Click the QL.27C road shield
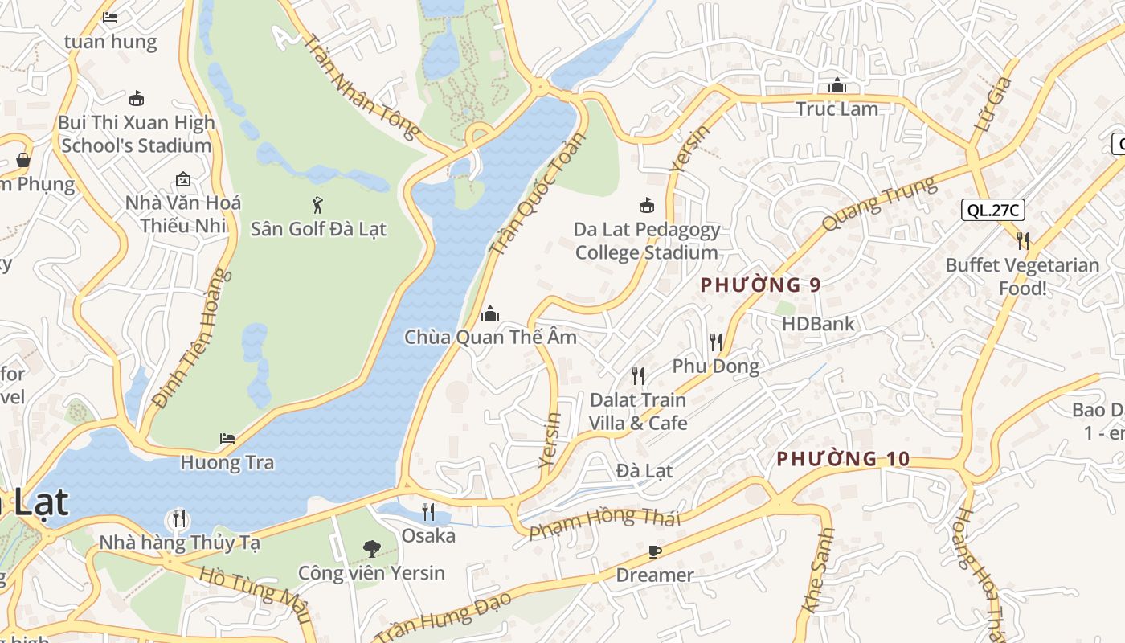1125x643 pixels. click(993, 211)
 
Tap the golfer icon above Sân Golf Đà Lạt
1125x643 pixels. click(318, 204)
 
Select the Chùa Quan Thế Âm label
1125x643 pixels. click(490, 337)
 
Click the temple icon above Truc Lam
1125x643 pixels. click(837, 84)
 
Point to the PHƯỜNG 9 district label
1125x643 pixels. click(761, 285)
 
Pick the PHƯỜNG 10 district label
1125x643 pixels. click(843, 459)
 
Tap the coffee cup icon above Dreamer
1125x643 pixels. click(655, 551)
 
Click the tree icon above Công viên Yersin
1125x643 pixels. click(371, 549)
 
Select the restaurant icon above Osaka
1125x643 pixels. click(428, 512)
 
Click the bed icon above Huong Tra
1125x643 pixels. click(227, 439)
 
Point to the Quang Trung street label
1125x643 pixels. click(880, 204)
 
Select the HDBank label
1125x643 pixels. click(818, 324)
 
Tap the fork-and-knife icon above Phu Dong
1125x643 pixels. click(716, 342)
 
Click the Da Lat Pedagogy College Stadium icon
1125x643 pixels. click(646, 206)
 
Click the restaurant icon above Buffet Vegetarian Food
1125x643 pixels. click(1022, 240)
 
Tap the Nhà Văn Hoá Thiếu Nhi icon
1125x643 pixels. click(183, 178)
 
